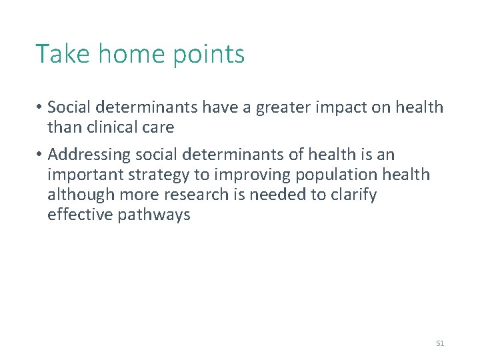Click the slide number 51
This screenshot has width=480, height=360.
(439, 343)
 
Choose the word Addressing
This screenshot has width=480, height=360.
(89, 155)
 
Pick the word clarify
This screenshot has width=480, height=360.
(353, 195)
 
